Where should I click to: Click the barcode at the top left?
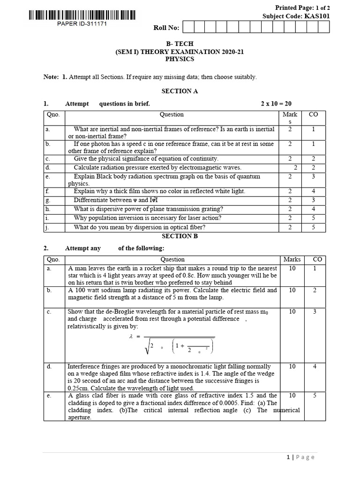click(x=82, y=15)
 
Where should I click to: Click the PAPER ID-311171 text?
click(x=82, y=24)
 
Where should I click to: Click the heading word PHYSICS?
click(x=180, y=60)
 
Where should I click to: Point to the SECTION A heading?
click(x=180, y=91)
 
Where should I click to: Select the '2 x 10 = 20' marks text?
click(x=278, y=104)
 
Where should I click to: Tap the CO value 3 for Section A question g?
click(x=314, y=200)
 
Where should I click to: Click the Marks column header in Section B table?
click(x=292, y=259)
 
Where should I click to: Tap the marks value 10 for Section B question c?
click(x=292, y=311)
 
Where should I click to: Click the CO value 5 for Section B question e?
click(x=315, y=396)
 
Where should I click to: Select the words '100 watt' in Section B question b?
click(x=86, y=290)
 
